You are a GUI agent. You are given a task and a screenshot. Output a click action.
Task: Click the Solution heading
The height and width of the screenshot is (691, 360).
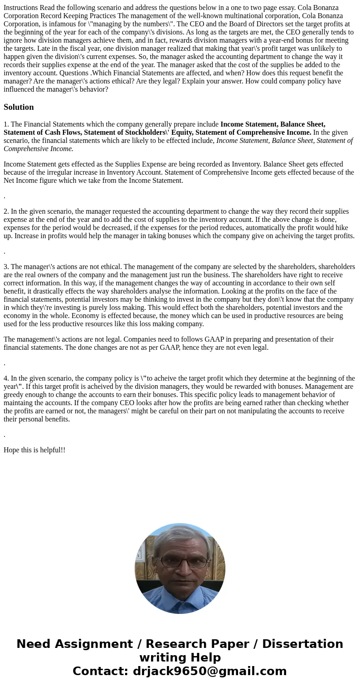(x=19, y=107)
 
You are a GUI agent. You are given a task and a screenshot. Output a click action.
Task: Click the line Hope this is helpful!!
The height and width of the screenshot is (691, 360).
(x=34, y=450)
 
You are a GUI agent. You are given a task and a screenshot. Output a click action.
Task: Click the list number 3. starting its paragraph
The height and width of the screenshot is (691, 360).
(x=6, y=267)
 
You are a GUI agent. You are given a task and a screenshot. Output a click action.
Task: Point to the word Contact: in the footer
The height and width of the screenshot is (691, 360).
(x=100, y=671)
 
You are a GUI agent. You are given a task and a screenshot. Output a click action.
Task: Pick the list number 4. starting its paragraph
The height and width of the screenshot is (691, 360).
(x=6, y=378)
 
